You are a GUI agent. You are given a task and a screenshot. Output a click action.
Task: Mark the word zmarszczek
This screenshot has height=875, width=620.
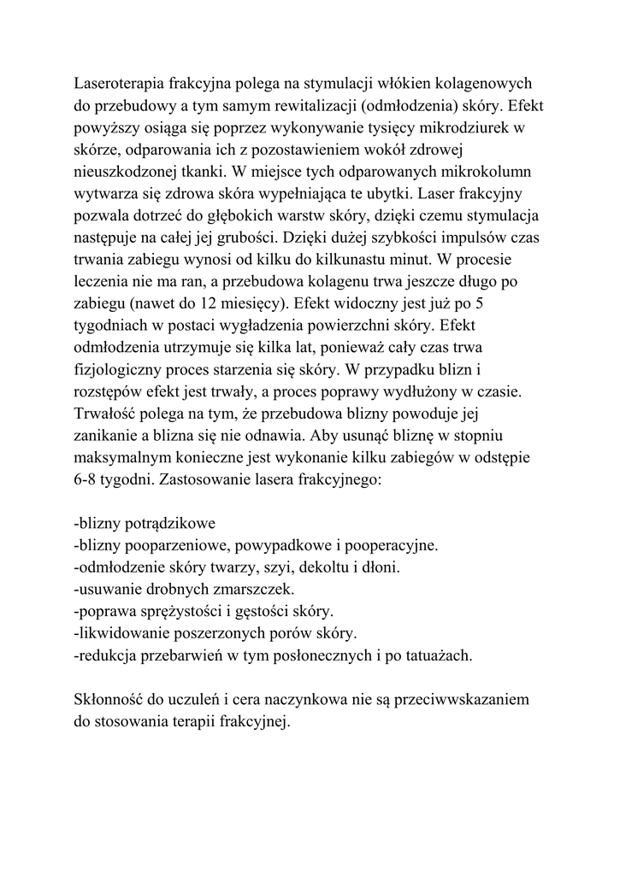pos(254,589)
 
